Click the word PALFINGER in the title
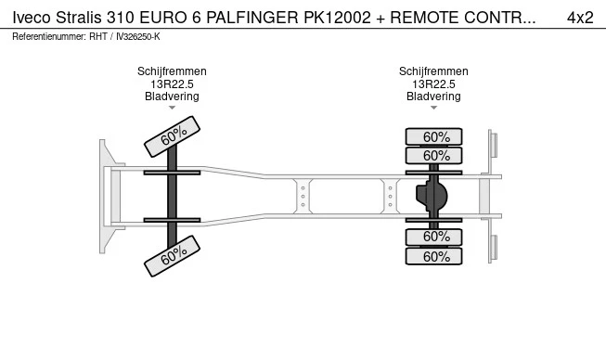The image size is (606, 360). (x=252, y=18)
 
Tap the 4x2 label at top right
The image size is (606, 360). (x=580, y=18)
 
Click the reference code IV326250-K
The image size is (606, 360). (x=138, y=37)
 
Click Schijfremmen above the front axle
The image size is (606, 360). (x=172, y=71)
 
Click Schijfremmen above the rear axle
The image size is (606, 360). (x=433, y=71)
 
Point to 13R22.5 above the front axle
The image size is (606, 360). (x=172, y=84)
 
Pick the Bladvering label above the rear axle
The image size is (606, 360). (x=433, y=96)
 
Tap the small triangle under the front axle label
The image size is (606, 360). (x=172, y=108)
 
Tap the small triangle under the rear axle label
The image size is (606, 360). (x=433, y=108)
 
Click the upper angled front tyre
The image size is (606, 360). (x=172, y=136)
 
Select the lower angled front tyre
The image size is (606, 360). (x=172, y=256)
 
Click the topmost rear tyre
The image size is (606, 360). (x=433, y=136)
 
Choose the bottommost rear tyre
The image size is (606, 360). (x=433, y=256)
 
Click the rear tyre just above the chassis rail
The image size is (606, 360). (x=433, y=156)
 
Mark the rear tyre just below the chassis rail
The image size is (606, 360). (x=433, y=237)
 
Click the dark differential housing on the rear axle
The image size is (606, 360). (x=431, y=196)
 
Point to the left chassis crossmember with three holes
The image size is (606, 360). (x=303, y=196)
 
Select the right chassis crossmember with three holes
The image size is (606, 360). (x=390, y=196)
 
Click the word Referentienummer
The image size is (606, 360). (x=49, y=37)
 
